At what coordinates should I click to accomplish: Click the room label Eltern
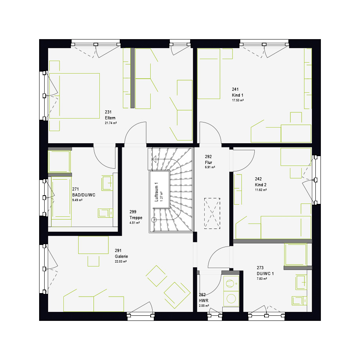tap(110, 118)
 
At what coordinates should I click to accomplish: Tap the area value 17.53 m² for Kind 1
tap(238, 100)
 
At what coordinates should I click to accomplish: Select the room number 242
tap(258, 179)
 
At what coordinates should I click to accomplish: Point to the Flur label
tap(209, 162)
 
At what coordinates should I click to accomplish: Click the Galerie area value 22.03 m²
tap(121, 261)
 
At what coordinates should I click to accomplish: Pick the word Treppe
tap(136, 218)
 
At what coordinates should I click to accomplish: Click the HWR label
tap(203, 301)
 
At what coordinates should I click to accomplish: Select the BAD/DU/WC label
tap(84, 195)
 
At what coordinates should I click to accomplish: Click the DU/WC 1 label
tap(265, 274)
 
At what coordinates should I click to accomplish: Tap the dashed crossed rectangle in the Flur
tap(212, 213)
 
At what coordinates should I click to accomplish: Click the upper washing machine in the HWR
tap(231, 284)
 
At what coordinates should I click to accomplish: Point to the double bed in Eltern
tap(74, 96)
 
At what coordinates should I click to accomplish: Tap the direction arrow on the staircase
tap(154, 159)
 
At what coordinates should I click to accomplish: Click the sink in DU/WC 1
tap(301, 282)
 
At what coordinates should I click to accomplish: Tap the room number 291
tap(118, 250)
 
